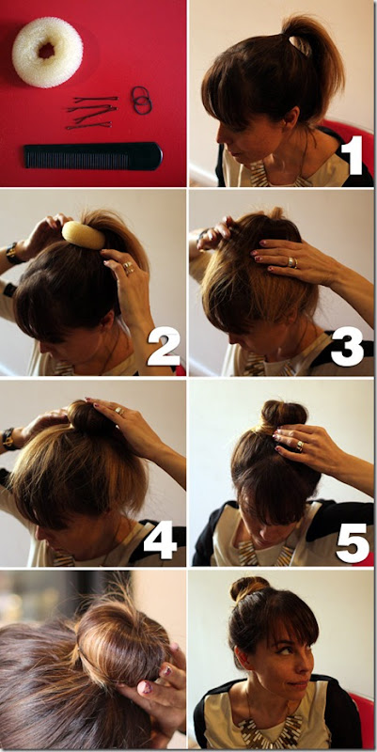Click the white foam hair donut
(48, 52)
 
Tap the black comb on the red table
(93, 156)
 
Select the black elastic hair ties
(142, 101)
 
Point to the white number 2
(164, 346)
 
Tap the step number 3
(347, 346)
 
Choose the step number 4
(160, 540)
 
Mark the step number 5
(353, 543)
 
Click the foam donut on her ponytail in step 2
(84, 235)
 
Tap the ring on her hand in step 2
(128, 267)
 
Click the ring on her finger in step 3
(292, 262)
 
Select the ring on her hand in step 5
(299, 446)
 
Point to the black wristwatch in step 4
(8, 439)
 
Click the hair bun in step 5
(284, 414)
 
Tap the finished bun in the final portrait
(248, 588)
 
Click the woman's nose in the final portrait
(307, 665)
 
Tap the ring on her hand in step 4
(118, 410)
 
